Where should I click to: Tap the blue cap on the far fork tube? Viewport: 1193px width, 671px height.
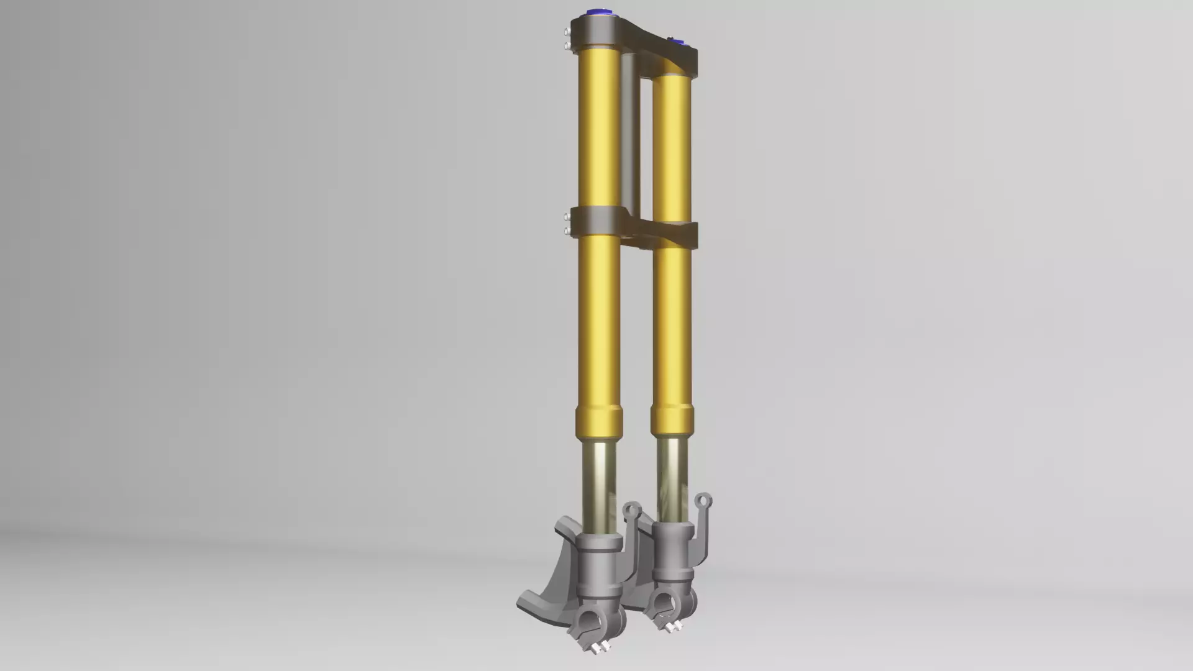(x=678, y=43)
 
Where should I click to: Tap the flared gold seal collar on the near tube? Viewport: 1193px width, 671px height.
(x=600, y=419)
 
